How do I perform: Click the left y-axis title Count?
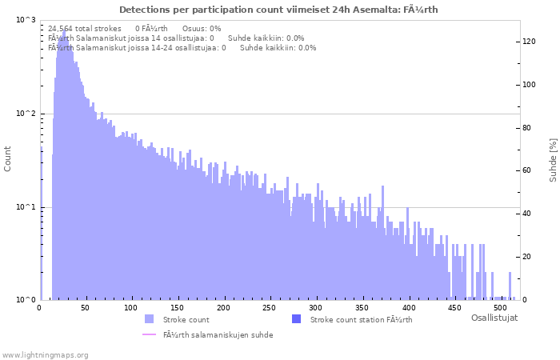pos(8,158)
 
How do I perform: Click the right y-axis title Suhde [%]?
pos(553,158)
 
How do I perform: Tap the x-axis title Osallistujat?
pos(494,318)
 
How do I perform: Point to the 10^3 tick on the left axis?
pos(26,20)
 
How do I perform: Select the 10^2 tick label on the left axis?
pos(26,114)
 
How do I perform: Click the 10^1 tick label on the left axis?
pos(26,207)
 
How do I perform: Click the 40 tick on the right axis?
pos(527,214)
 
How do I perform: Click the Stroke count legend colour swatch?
pos(149,319)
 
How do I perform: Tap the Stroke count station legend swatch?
pos(296,319)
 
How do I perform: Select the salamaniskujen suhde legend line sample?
pos(149,334)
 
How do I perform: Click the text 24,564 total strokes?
pos(85,28)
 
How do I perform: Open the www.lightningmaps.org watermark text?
pos(46,354)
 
